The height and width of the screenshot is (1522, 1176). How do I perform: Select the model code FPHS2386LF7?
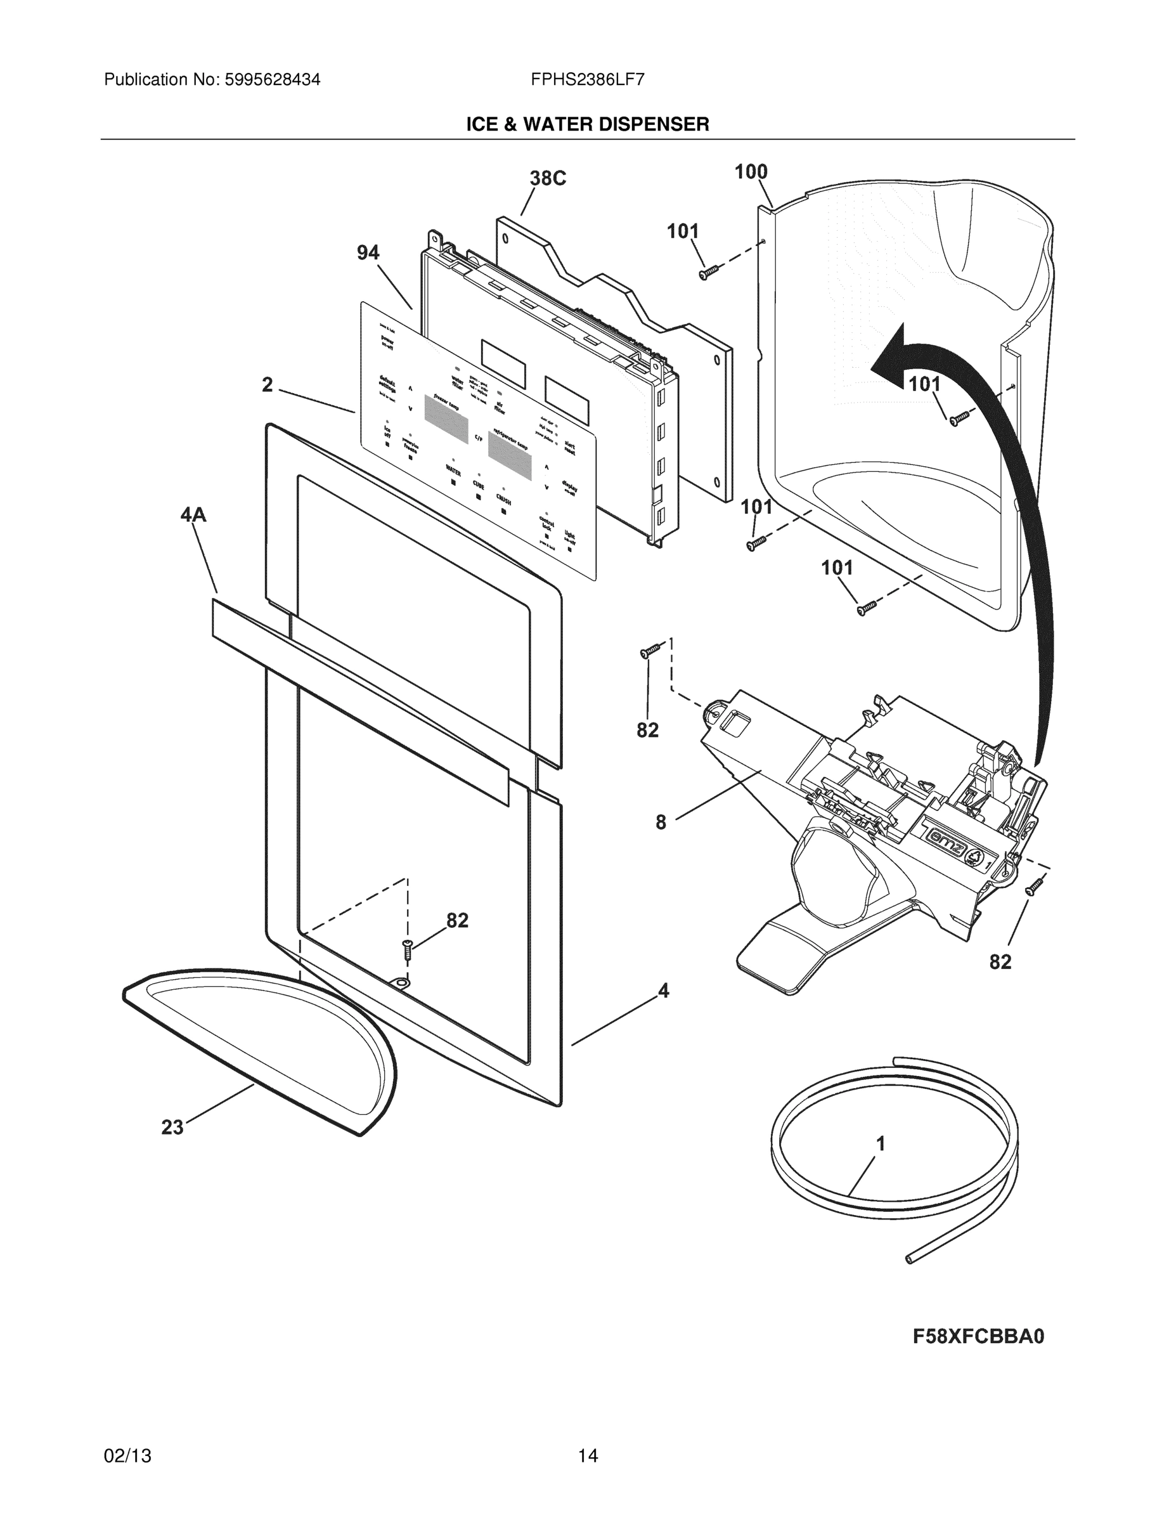tap(586, 79)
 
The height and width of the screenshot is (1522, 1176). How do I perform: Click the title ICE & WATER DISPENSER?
tap(587, 125)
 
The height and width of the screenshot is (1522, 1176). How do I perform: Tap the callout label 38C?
tap(548, 178)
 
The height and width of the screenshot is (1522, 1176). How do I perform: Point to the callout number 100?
tap(751, 171)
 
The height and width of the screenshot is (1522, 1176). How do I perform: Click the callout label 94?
tap(368, 252)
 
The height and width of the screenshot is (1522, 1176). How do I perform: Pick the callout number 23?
tap(172, 1127)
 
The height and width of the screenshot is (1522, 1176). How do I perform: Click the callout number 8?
tap(661, 823)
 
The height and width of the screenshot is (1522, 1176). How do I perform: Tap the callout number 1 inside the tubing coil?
tap(881, 1143)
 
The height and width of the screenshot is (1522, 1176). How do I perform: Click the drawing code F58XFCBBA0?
tap(979, 1337)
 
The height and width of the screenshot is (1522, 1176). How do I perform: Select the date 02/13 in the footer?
tap(127, 1456)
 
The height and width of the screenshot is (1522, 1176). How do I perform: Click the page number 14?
tap(587, 1456)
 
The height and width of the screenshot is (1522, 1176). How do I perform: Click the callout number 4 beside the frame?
tap(663, 991)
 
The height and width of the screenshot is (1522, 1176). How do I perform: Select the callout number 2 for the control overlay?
tap(268, 385)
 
